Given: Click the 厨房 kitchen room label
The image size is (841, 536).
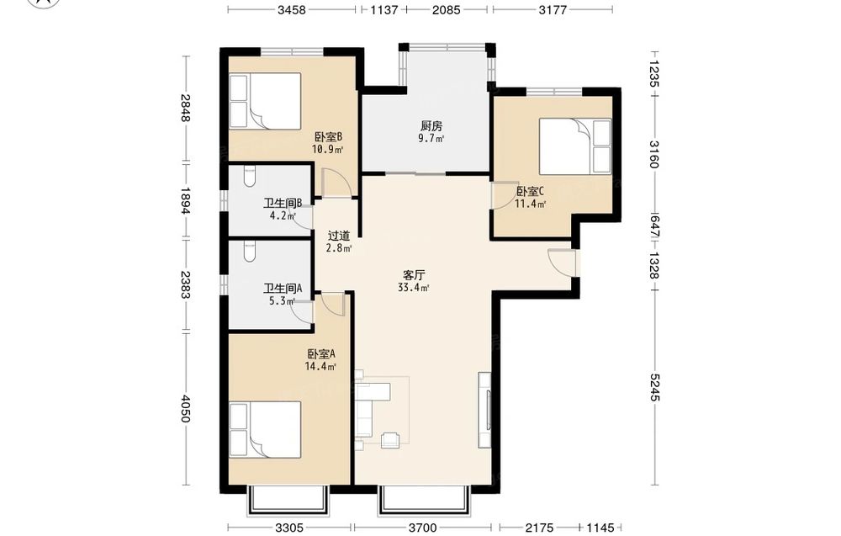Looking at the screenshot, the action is point(431,126).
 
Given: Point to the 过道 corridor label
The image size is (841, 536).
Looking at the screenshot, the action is point(338,236).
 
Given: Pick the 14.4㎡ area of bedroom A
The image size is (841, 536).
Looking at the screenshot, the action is point(320,367).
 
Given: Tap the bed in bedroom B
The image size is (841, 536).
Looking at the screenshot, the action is point(265,101).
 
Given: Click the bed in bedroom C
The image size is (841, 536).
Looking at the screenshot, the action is point(575,146).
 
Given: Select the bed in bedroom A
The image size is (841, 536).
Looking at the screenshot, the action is point(265,430).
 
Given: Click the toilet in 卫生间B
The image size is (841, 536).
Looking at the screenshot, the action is point(249,177).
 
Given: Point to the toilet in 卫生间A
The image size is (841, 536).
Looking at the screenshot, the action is point(249,252).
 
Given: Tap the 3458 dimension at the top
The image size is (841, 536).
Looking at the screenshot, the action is point(291,9).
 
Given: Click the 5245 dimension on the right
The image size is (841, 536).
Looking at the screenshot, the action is point(654,387).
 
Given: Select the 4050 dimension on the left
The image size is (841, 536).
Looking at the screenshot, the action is point(185,409).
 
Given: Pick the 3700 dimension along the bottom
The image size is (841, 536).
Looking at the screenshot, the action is point(423,528).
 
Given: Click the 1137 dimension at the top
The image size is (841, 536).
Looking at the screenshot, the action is point(384,9).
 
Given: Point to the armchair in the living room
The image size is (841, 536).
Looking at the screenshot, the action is point(390,440).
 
